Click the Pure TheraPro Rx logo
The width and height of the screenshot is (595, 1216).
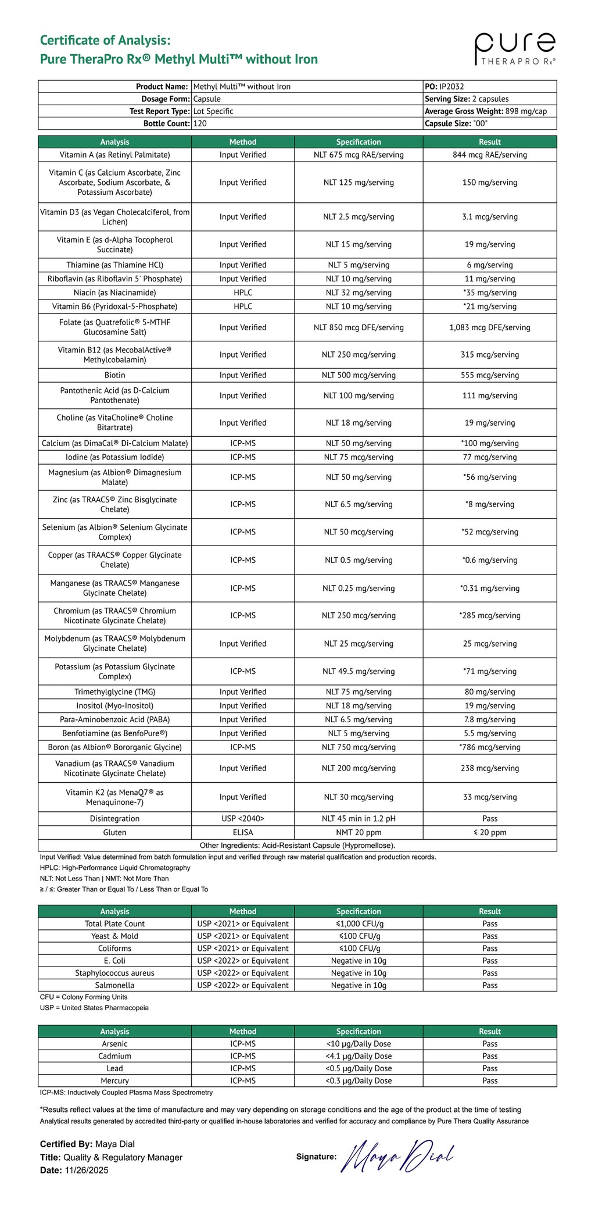point(515,49)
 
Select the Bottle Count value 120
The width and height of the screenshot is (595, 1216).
point(200,123)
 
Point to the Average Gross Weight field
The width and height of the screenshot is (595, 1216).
point(486,111)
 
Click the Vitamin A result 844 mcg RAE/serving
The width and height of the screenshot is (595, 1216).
point(490,155)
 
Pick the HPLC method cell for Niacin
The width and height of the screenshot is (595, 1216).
point(243,293)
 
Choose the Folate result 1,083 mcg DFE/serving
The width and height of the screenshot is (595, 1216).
point(490,327)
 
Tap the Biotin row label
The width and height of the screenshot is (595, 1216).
point(114,375)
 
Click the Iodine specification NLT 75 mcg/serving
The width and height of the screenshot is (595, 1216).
point(359,457)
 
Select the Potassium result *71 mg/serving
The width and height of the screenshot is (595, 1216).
point(490,671)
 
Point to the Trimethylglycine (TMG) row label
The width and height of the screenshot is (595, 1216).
point(114,692)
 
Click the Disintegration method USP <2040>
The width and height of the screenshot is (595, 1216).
point(243,819)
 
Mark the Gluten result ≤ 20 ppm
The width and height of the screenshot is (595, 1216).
point(490,833)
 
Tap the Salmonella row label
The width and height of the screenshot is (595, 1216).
point(114,985)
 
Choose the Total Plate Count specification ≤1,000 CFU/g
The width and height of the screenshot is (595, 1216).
point(359,923)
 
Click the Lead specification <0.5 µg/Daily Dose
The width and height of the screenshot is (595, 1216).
point(359,1068)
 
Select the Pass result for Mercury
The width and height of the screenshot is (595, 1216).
point(490,1081)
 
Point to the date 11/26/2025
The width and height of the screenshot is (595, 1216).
point(87,1170)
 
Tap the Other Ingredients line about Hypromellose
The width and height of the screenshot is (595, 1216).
point(297,846)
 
